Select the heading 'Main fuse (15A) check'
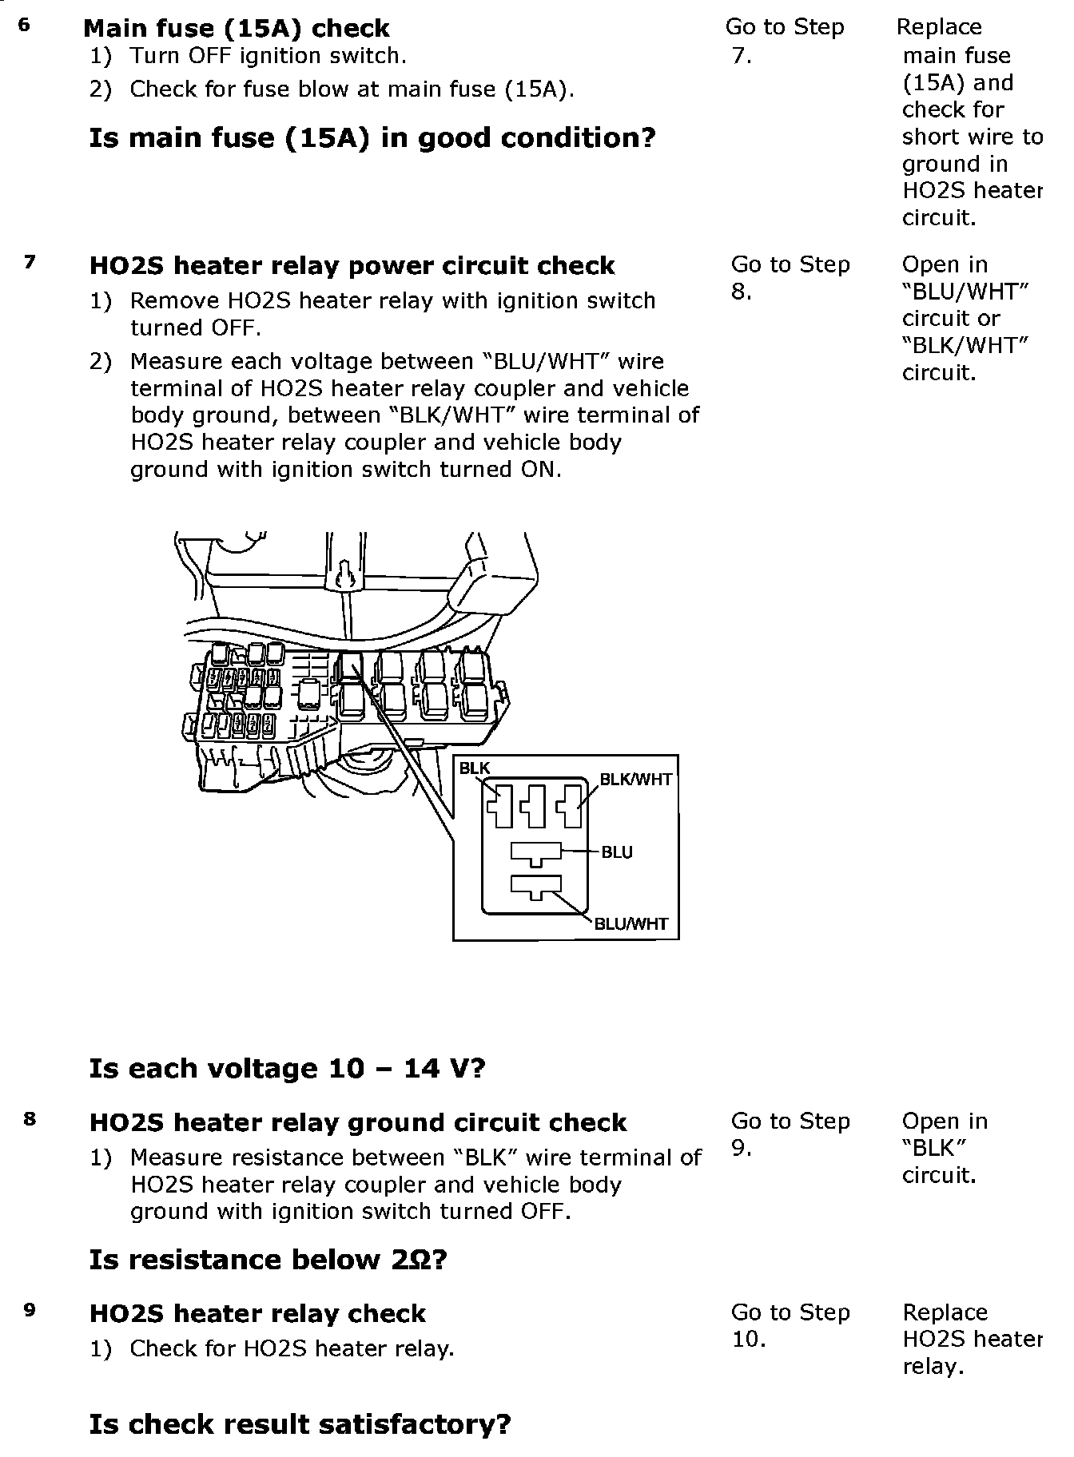[x=237, y=29]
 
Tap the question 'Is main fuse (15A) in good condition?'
[x=372, y=138]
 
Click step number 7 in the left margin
[x=30, y=262]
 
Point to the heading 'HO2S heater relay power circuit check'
[x=352, y=265]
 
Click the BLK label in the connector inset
[x=475, y=768]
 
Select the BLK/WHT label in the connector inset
[x=636, y=780]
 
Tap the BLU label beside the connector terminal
[x=617, y=852]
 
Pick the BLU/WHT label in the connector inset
[x=631, y=924]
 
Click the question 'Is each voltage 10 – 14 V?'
[x=287, y=1068]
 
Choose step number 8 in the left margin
[x=30, y=1118]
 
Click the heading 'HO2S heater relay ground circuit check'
[x=357, y=1122]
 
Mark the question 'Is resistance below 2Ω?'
[x=268, y=1260]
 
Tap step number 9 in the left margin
[x=30, y=1310]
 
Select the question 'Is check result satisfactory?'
[x=300, y=1424]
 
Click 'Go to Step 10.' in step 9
[x=790, y=1325]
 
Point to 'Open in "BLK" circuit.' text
[x=945, y=1148]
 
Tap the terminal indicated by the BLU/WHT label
[x=536, y=887]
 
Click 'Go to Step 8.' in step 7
[x=790, y=277]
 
